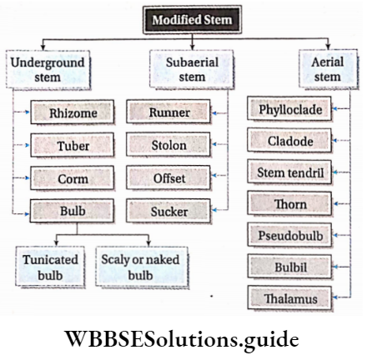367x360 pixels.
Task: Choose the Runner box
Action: (169, 112)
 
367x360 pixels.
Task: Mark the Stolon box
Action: (169, 145)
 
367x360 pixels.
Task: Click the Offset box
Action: (169, 178)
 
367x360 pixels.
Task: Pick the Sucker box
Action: (169, 212)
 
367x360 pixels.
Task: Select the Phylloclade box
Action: (290, 108)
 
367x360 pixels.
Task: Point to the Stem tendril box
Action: (290, 172)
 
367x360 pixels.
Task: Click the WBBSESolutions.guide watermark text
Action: (183, 341)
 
